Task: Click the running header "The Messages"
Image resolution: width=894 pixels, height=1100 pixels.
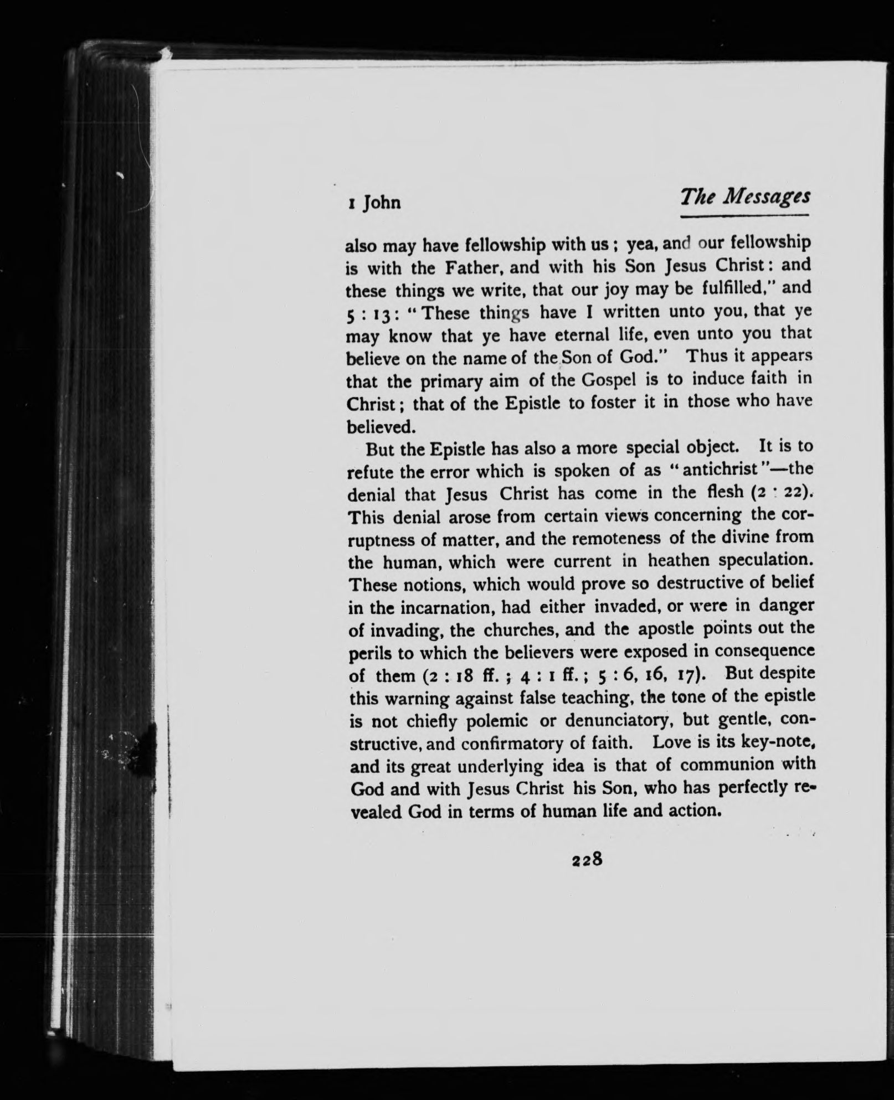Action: (746, 197)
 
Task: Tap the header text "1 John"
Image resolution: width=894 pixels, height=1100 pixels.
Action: (373, 203)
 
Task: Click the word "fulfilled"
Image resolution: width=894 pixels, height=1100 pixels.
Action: (715, 288)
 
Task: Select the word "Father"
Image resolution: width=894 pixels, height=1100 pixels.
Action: (466, 268)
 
